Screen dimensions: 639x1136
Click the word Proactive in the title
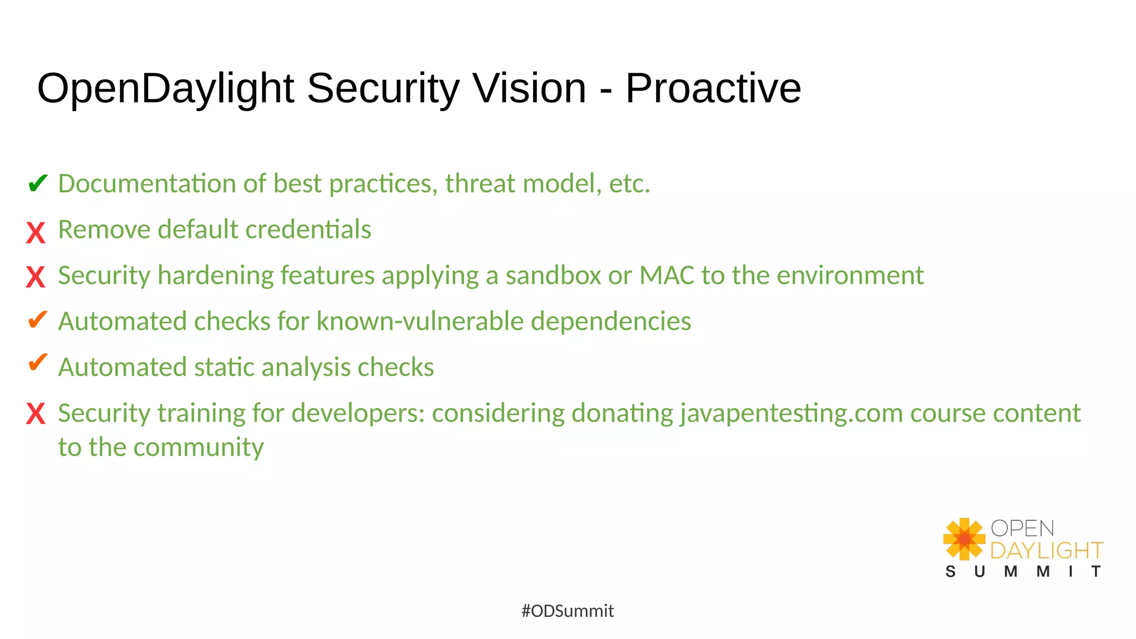tap(713, 88)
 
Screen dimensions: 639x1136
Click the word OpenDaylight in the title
tap(165, 88)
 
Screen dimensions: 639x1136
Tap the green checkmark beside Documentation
tap(37, 183)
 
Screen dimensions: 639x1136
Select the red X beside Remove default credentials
tap(35, 232)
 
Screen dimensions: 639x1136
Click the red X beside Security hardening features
tap(35, 277)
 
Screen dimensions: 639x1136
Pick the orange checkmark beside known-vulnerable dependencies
tap(37, 319)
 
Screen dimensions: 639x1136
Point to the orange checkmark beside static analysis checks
tap(37, 363)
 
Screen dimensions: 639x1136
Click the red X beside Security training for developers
tap(35, 414)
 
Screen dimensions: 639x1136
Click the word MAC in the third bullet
tap(667, 276)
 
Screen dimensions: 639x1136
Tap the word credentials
tap(308, 230)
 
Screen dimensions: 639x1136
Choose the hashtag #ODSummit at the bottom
tap(567, 611)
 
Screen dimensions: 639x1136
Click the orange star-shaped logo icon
tap(964, 539)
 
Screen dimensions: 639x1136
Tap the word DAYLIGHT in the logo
tap(1046, 551)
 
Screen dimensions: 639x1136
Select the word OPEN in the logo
tap(1022, 528)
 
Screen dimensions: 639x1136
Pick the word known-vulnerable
tap(420, 322)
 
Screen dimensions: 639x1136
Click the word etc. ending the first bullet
tap(630, 184)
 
